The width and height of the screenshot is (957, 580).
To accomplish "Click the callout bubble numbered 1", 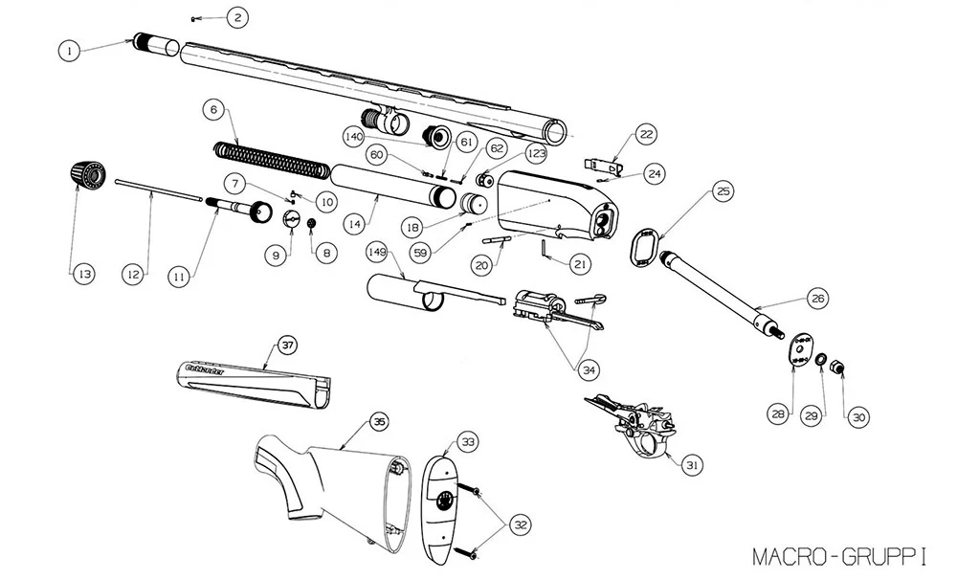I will click(x=68, y=50).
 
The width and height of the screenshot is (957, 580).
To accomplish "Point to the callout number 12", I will click(x=134, y=274).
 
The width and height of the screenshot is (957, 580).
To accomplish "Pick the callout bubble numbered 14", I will click(x=355, y=223).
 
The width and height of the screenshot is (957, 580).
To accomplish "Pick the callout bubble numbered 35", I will click(x=380, y=421).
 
